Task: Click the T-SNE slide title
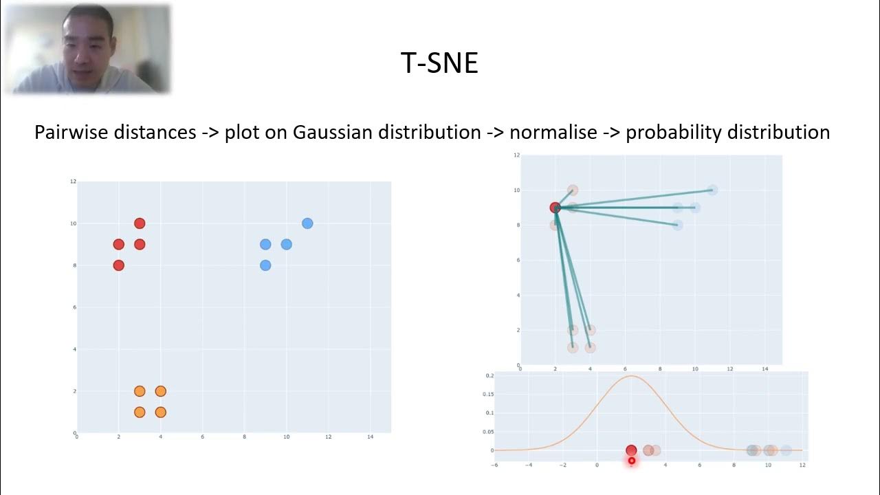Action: tap(439, 63)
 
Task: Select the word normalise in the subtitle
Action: tap(553, 132)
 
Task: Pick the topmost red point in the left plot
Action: tap(140, 223)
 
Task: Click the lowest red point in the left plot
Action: tap(118, 265)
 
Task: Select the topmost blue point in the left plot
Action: tap(307, 223)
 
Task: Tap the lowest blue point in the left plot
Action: tap(265, 265)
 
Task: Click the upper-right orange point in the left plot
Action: tap(160, 391)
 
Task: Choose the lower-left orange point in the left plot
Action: tap(140, 412)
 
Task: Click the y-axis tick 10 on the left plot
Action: tap(73, 223)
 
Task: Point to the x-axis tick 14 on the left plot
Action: tap(371, 438)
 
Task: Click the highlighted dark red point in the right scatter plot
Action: tap(555, 208)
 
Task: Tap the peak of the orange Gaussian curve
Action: tap(631, 376)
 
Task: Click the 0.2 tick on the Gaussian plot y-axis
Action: tap(489, 376)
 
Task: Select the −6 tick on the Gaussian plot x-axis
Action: tap(494, 465)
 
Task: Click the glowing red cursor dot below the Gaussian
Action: tap(632, 461)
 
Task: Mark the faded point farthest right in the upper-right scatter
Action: tap(712, 190)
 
